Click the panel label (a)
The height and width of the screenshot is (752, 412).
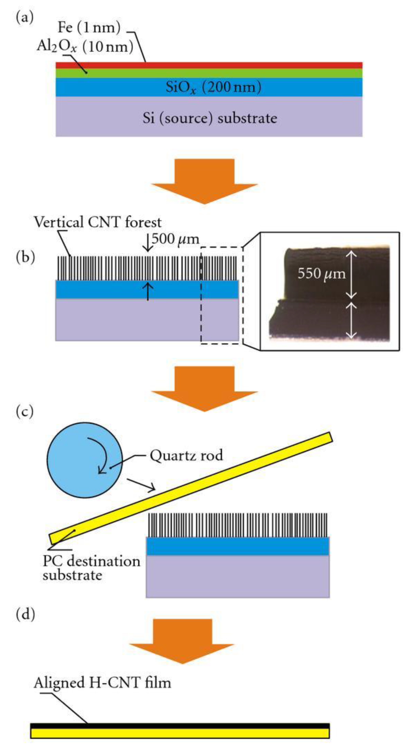[x=25, y=18]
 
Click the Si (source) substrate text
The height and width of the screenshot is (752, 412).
[x=210, y=118]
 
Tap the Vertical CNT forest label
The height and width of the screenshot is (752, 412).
[x=98, y=223]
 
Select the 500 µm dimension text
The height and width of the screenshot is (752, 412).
[x=175, y=239]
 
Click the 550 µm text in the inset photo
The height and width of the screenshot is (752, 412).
[x=321, y=274]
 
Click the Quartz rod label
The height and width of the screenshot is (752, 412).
[x=186, y=455]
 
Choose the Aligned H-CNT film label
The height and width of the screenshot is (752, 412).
[x=102, y=683]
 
